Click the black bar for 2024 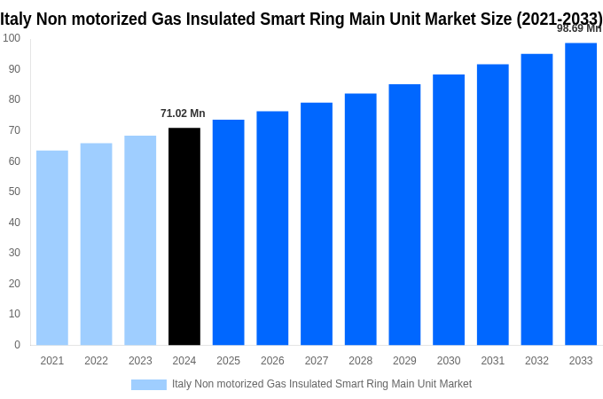point(184,237)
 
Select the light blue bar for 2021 point(52,247)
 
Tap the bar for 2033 point(581,194)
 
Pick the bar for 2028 point(360,219)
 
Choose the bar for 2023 point(140,240)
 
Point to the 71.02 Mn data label point(183,113)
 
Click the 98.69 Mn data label point(578,28)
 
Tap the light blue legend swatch point(149,384)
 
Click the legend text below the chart point(322,384)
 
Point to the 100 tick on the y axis point(12,38)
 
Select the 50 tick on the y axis point(14,192)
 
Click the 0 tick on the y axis point(17,345)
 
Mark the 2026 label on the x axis point(272,361)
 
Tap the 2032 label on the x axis point(536,361)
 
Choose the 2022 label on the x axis point(96,361)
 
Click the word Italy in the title point(16,18)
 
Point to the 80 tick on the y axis point(14,99)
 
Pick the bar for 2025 point(228,232)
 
